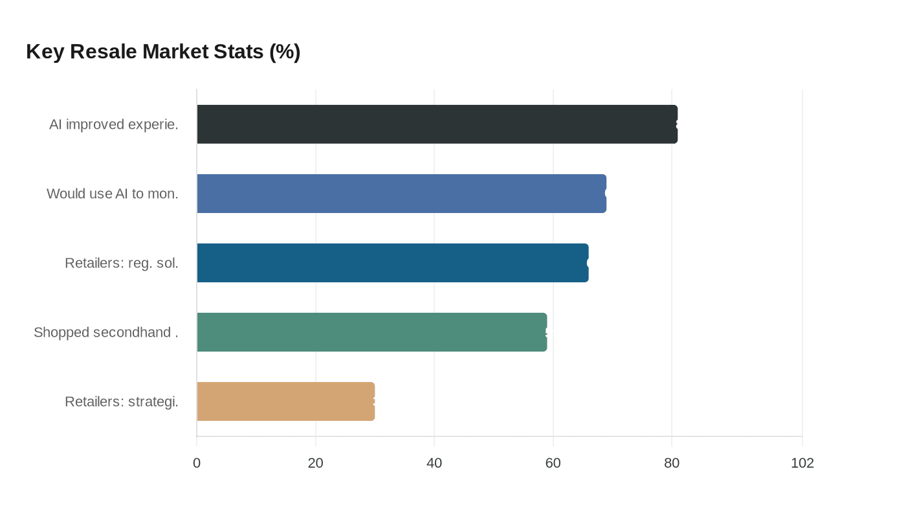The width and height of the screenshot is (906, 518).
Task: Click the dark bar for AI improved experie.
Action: tap(437, 124)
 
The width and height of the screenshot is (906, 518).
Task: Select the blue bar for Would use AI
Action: tap(401, 194)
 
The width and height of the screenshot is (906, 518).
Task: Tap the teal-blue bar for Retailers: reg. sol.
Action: tap(392, 263)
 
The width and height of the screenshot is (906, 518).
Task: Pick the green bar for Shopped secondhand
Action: tap(371, 332)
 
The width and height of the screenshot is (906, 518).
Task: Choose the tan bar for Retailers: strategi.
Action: tap(285, 401)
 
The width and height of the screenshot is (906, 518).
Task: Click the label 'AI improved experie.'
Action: tap(114, 124)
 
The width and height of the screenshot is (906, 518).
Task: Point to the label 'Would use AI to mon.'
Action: tap(113, 194)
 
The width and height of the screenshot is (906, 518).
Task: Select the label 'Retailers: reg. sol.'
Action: tap(122, 263)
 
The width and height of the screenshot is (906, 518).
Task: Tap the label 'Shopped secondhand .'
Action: tap(106, 332)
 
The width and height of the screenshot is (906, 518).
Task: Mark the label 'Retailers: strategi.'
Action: tap(122, 401)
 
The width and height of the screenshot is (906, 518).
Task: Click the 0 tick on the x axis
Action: tap(197, 463)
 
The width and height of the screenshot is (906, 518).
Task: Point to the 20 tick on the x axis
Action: tap(315, 463)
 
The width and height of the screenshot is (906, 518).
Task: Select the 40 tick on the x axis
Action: tap(434, 463)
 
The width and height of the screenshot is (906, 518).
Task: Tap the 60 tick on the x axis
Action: tap(553, 463)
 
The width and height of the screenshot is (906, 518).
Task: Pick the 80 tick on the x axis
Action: tap(672, 463)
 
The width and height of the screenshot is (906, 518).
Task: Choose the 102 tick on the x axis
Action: tap(802, 463)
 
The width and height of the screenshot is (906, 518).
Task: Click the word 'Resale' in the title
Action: tap(103, 52)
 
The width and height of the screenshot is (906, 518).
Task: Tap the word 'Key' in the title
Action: tap(45, 52)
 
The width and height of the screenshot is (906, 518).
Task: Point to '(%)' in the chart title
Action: tap(285, 52)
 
